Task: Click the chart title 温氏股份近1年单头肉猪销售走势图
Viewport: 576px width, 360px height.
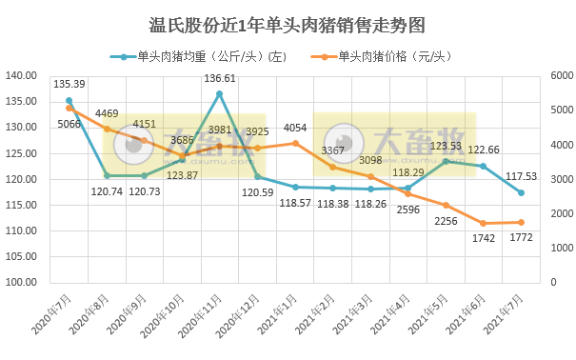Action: tap(288, 23)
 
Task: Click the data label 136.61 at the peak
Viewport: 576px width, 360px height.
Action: tap(219, 79)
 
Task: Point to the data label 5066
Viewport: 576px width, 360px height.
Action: tap(68, 123)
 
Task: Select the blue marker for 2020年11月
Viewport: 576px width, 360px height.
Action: tap(219, 93)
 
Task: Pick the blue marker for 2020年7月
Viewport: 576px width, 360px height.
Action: tap(69, 100)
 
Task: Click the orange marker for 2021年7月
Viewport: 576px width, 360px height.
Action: tap(521, 222)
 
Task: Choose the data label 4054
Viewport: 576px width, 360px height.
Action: tap(295, 128)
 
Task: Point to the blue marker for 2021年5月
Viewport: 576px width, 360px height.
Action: tap(446, 161)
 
